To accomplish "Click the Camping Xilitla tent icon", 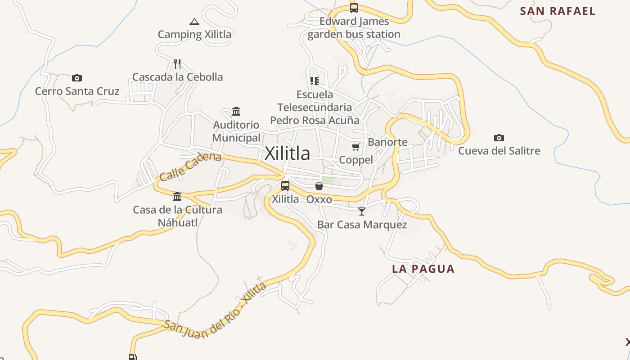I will click(194, 22).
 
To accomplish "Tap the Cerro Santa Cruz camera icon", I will click(77, 78).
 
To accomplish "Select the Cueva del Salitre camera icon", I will click(499, 138).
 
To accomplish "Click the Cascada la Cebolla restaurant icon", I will click(177, 64).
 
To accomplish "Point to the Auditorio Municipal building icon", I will click(236, 111).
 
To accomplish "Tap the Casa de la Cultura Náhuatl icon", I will click(177, 197).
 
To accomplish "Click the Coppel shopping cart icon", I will click(356, 147).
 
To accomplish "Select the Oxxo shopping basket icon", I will click(319, 186).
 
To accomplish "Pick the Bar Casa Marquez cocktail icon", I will click(362, 211).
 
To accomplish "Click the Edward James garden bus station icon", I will click(354, 8).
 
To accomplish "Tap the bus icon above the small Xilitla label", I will click(285, 186).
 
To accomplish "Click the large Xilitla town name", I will click(288, 153).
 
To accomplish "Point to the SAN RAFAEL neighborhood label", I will click(558, 11).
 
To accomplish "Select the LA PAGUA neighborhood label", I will click(423, 269).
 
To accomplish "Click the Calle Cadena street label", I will click(190, 166).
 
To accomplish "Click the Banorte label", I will click(387, 142).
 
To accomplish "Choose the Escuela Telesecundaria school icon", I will click(315, 81).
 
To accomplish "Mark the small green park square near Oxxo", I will click(328, 180).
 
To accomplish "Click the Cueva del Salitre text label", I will click(499, 151).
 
